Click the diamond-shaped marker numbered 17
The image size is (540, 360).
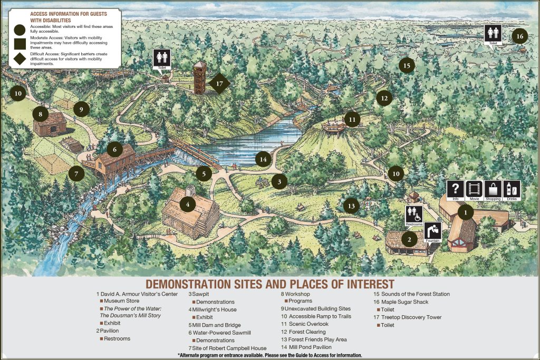[220, 83]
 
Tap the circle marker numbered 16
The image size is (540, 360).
[519, 36]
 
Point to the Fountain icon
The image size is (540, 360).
[432, 232]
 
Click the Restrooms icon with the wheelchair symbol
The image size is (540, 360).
[414, 215]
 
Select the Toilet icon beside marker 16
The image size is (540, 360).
[494, 34]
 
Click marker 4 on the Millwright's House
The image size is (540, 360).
[188, 203]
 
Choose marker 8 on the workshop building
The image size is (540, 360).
[41, 113]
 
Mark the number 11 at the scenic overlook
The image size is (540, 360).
[352, 120]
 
